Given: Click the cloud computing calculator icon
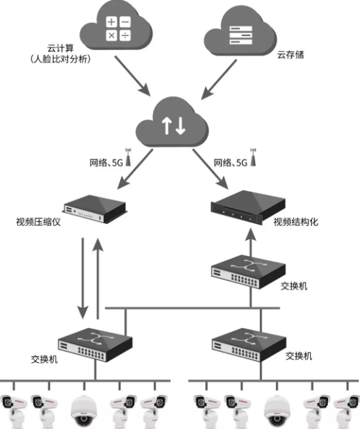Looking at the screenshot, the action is click(x=118, y=29).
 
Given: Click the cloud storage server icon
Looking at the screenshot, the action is click(x=240, y=35).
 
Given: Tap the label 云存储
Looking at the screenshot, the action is click(x=291, y=55).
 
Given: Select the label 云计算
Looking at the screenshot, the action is click(x=60, y=49).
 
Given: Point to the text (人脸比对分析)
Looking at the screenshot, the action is click(x=60, y=59).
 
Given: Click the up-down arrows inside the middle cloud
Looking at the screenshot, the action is click(x=174, y=126).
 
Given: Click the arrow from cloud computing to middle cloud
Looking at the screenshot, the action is click(x=133, y=76).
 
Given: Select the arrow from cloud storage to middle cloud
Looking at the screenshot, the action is click(x=218, y=80).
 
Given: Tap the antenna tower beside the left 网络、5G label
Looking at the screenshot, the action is click(x=128, y=157).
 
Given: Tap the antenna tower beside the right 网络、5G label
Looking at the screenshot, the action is click(x=253, y=157).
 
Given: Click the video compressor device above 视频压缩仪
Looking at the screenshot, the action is click(x=95, y=208).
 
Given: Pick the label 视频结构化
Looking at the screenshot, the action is click(x=296, y=222).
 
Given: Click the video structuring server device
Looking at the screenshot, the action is click(x=248, y=207).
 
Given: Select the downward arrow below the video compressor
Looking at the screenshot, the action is click(x=83, y=279).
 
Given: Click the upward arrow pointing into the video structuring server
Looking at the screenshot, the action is click(x=250, y=241).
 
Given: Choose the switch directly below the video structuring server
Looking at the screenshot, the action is click(x=248, y=271).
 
